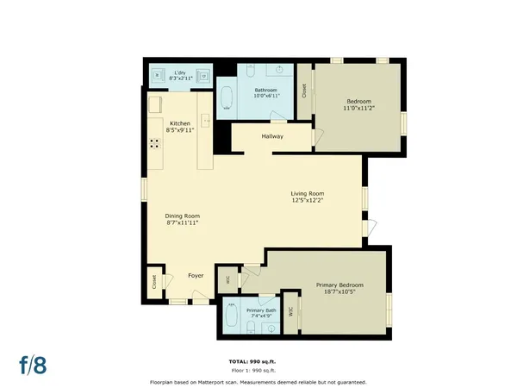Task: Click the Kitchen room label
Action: click(x=179, y=124)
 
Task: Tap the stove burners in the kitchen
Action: click(x=155, y=146)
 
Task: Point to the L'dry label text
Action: click(x=181, y=72)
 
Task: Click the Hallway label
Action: click(x=272, y=135)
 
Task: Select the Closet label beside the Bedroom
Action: click(x=303, y=89)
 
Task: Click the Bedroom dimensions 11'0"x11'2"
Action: click(x=358, y=109)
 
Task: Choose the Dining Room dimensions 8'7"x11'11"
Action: click(x=182, y=222)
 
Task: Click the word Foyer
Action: click(x=196, y=276)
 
